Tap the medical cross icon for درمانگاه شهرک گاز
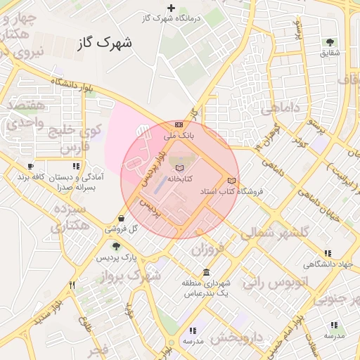172,8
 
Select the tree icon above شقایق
330,42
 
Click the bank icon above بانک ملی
179,124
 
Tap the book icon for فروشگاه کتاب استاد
232,181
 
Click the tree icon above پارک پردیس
116,246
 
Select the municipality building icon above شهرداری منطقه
205,272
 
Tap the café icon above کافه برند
31,166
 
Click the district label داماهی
281,110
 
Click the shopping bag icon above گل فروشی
124,219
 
